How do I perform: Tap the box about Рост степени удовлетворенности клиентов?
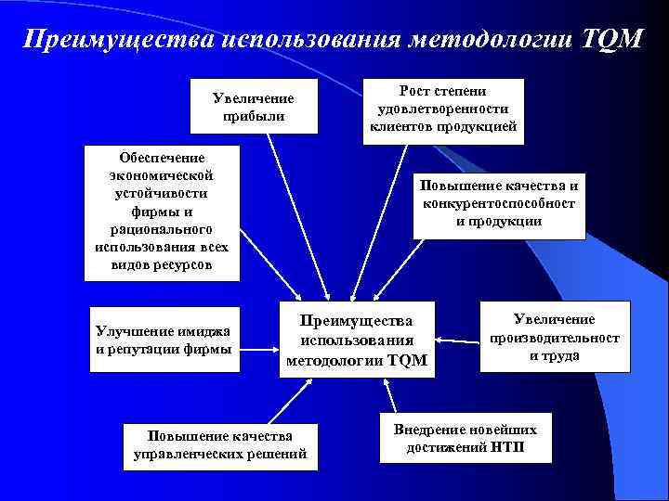point(442,110)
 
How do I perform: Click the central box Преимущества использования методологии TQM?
point(358,340)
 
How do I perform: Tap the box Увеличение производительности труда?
point(554,338)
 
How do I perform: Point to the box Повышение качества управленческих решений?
point(220,445)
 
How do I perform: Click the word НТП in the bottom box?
point(506,446)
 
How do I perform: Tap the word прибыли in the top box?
point(253,116)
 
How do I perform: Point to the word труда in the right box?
point(560,355)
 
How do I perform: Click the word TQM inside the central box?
point(406,359)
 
